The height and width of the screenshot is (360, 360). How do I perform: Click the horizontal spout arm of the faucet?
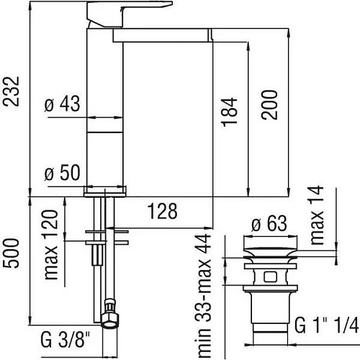coord(162,35)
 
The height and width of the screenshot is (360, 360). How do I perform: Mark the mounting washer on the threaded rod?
coord(107,233)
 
